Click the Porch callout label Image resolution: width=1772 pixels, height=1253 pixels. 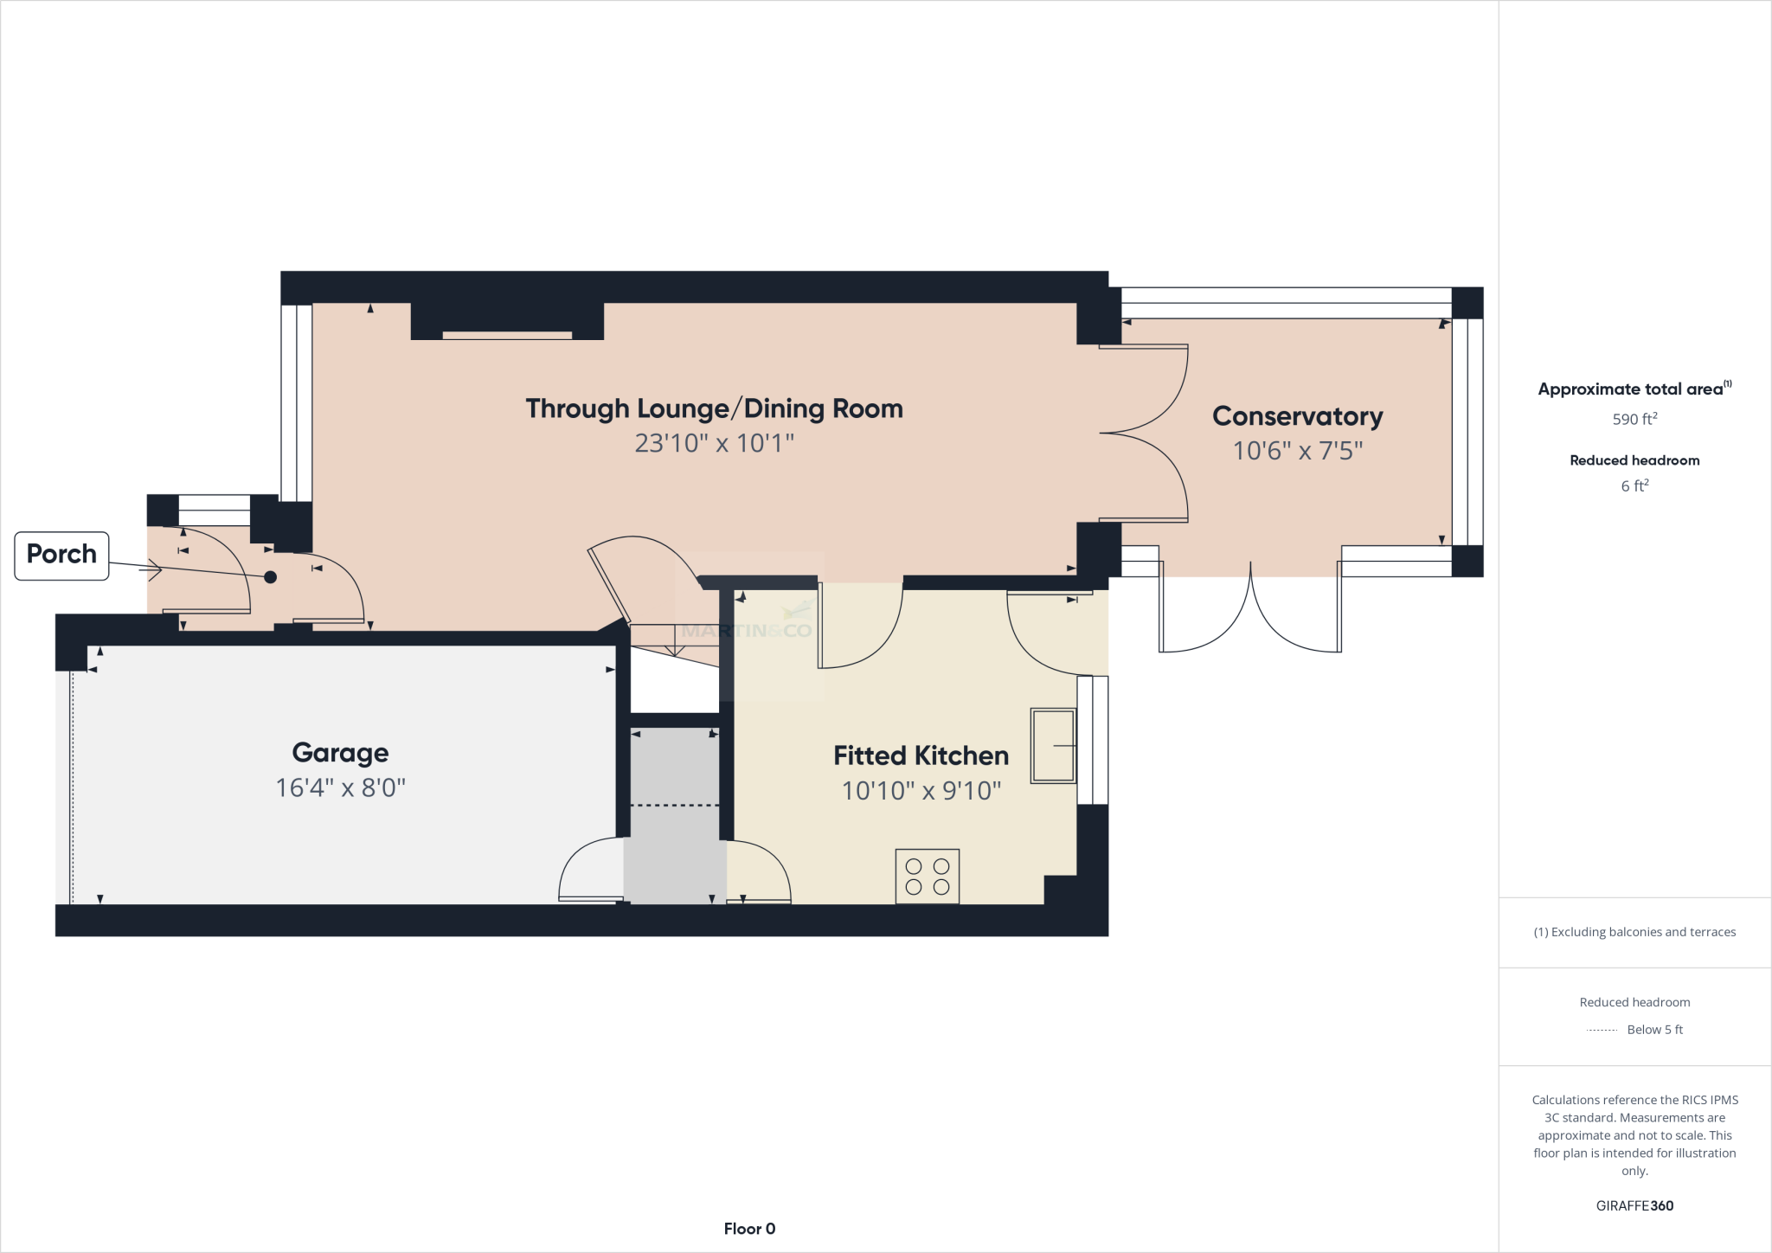coord(61,555)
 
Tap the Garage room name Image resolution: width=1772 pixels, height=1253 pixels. coord(340,753)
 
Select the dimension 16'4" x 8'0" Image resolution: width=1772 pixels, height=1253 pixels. coord(340,788)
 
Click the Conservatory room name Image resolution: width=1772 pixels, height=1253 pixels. coord(1297,416)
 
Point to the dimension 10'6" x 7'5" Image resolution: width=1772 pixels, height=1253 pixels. coord(1297,451)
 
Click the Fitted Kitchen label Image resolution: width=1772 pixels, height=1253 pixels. coord(921,755)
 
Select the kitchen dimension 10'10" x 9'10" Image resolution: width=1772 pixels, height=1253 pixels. coord(921,791)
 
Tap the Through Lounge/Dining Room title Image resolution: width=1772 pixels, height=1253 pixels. coord(714,408)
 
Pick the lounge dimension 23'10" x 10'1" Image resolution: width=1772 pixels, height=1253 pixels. coord(714,443)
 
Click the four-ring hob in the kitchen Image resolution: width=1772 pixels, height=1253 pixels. coord(927,877)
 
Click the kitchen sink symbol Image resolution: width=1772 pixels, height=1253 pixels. coord(1053,745)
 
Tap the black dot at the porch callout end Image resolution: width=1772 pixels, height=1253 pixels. coord(270,577)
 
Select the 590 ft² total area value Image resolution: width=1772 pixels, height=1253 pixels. coord(1634,419)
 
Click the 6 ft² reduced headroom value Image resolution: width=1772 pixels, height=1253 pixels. coord(1634,486)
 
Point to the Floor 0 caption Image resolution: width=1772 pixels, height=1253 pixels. coord(749,1229)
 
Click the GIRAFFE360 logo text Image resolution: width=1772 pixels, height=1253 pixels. coord(1634,1205)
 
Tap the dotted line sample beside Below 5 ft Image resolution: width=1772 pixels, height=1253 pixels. coord(1602,1030)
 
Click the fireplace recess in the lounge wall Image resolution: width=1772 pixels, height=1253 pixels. coord(507,335)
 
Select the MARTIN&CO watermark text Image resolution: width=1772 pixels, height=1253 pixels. coord(747,631)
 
